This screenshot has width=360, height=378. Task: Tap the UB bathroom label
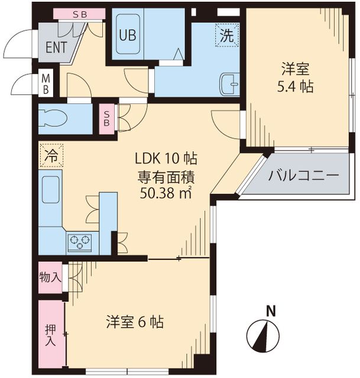click(127, 35)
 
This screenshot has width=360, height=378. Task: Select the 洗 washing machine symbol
click(227, 35)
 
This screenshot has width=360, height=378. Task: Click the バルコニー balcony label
click(303, 176)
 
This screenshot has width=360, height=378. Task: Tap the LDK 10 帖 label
click(166, 158)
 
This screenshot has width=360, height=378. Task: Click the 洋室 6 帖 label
click(135, 322)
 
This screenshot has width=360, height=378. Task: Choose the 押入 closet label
click(51, 335)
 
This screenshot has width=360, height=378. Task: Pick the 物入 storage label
click(50, 277)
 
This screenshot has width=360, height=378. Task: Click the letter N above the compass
click(270, 310)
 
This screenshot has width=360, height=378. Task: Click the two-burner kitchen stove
click(79, 241)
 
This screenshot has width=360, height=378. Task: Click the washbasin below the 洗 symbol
click(228, 83)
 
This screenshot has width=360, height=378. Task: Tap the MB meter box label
click(46, 83)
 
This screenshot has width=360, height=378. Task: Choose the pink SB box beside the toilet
click(108, 118)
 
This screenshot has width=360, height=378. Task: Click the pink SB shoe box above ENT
click(79, 14)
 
